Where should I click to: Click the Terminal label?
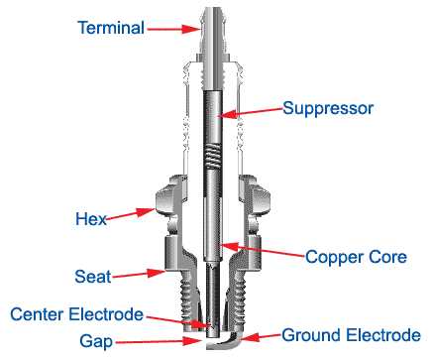(111, 28)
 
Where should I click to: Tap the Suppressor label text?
(328, 108)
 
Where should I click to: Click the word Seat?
(92, 276)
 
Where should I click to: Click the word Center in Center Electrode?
(42, 315)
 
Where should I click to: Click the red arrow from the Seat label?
(139, 271)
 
